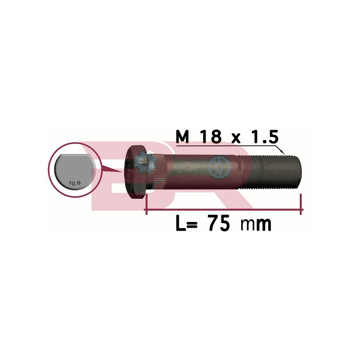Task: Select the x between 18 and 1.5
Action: [235, 138]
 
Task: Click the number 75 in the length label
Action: [219, 223]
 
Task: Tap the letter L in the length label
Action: [181, 223]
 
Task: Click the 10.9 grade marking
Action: [75, 183]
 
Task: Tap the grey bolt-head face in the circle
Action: [75, 172]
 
